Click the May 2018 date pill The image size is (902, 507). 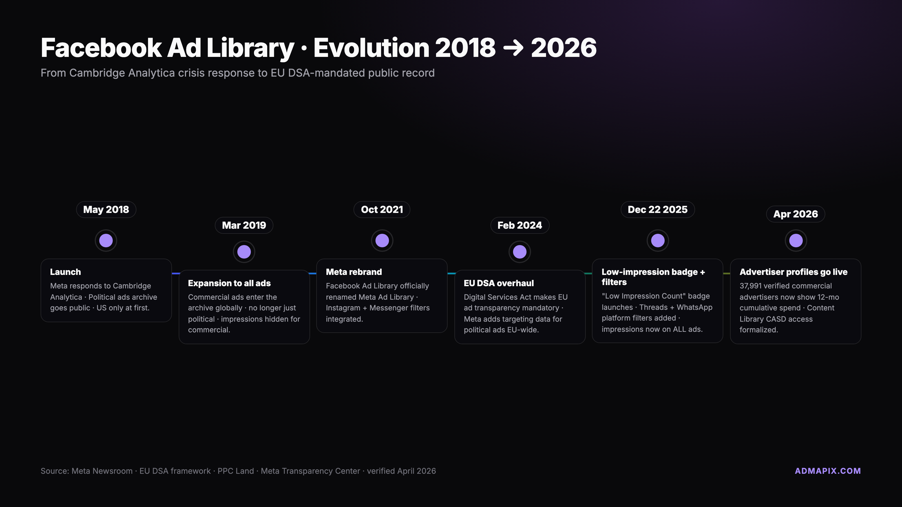point(106,210)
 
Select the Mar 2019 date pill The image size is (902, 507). point(244,225)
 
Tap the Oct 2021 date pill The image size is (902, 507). point(382,210)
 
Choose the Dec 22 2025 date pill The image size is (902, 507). point(658,210)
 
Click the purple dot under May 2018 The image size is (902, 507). point(106,241)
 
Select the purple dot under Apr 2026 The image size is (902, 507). point(796,241)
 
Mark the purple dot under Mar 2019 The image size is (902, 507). point(244,252)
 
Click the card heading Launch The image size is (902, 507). point(65,272)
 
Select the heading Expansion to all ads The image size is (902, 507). point(229,283)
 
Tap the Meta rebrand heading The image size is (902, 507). point(354,272)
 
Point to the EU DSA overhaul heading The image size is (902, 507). point(499,283)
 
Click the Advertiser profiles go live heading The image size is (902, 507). point(793,272)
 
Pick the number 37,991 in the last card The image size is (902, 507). point(750,286)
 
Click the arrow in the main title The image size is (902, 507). point(513,48)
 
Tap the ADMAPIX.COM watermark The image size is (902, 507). point(828,471)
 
